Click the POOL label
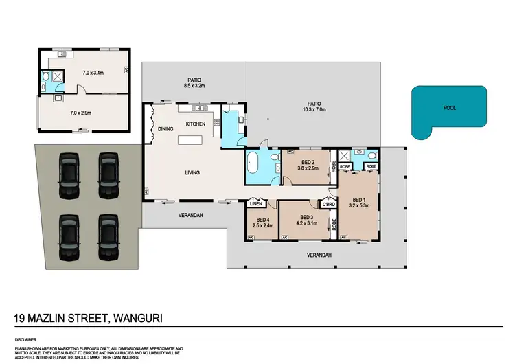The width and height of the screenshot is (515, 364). pos(450,108)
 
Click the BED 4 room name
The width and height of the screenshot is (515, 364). pos(262,220)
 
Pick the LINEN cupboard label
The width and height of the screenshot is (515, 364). pos(257,204)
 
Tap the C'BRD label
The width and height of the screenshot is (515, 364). pos(328,204)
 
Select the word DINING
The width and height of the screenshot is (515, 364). pos(165,128)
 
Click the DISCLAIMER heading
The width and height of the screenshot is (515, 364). pos(25,339)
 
